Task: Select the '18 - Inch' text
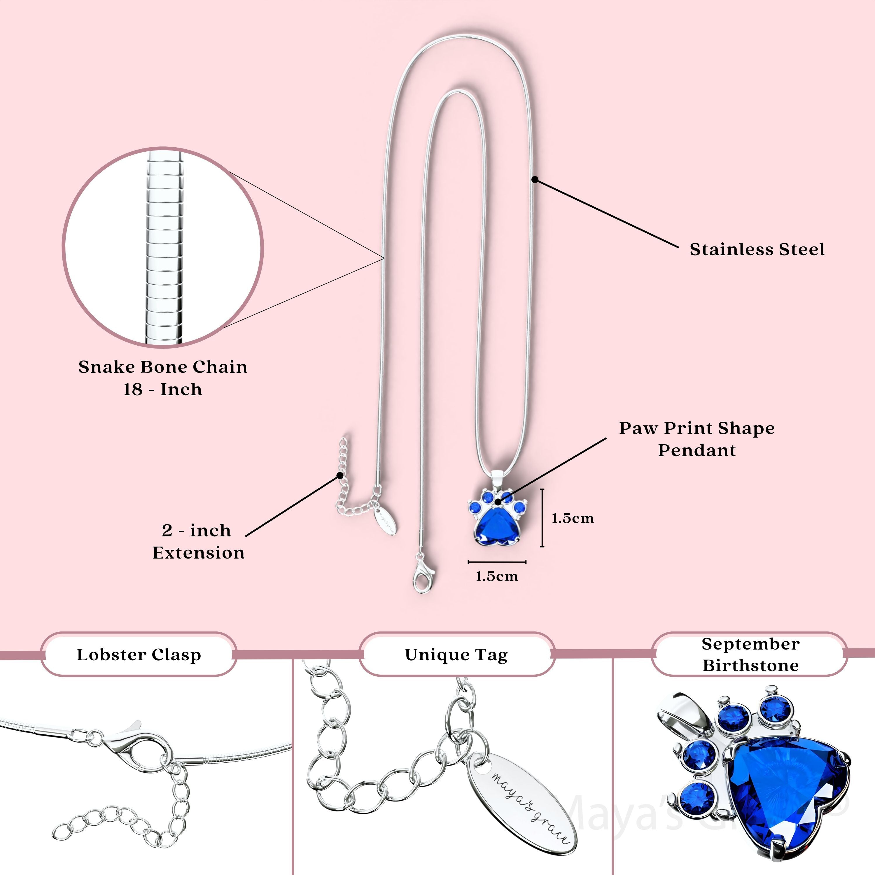point(163,389)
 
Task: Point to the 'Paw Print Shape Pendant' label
point(696,439)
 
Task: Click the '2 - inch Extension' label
point(198,541)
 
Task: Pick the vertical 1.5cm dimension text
point(573,518)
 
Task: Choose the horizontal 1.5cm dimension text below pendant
point(496,577)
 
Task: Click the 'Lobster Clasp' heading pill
point(139,654)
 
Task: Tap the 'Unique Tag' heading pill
point(456,654)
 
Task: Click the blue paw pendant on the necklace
point(497,521)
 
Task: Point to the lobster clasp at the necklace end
point(423,577)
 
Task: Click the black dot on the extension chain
point(340,475)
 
